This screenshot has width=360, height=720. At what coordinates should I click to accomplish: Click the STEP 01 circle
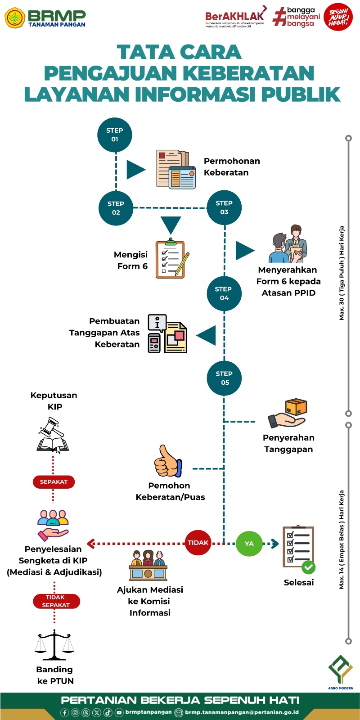click(x=115, y=135)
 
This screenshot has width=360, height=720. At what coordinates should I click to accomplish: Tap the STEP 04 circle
click(x=224, y=293)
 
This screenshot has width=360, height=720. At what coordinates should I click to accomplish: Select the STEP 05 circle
click(x=224, y=378)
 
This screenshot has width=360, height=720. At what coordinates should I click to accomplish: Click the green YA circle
click(x=249, y=544)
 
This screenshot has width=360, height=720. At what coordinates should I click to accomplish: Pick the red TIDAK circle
click(x=198, y=543)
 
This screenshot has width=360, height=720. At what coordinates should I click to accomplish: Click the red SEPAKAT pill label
click(x=54, y=482)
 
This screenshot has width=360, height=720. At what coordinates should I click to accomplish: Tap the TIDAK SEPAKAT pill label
click(x=56, y=601)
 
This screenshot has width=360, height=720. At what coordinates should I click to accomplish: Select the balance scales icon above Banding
click(x=54, y=645)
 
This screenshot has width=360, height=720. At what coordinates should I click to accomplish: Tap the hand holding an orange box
click(x=288, y=413)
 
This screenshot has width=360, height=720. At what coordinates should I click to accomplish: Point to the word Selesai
click(x=299, y=583)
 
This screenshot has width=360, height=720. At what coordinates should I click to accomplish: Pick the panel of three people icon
click(x=148, y=566)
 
